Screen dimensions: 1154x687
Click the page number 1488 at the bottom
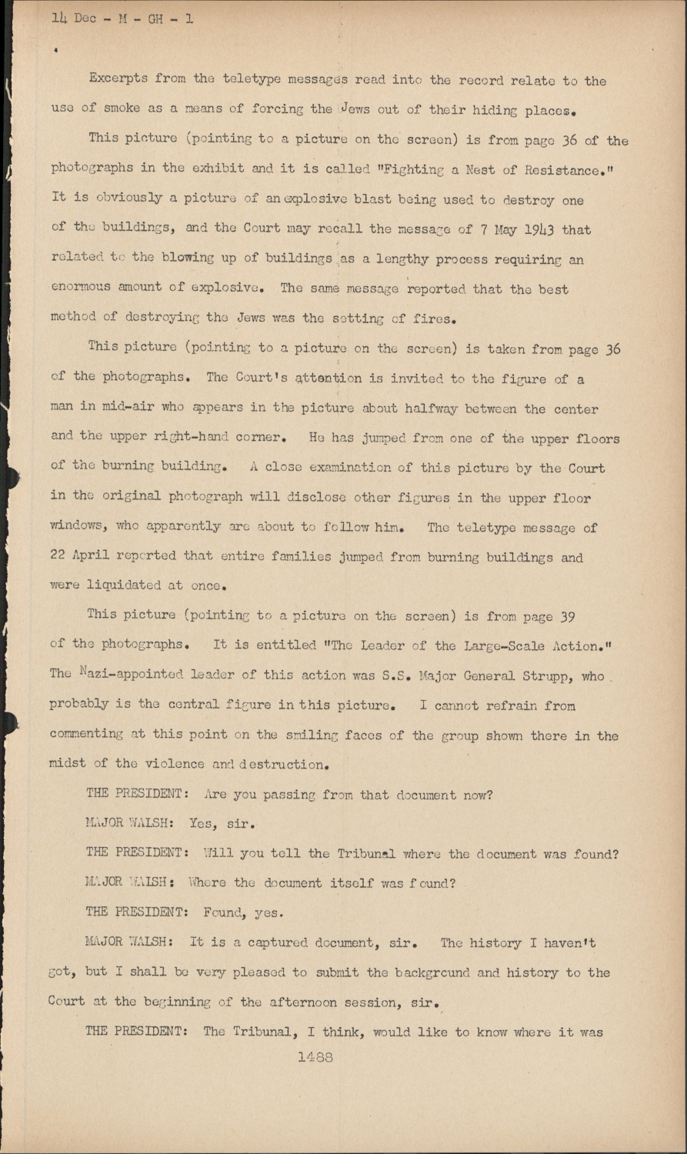click(315, 1058)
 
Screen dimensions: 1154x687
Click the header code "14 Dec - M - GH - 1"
click(122, 18)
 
